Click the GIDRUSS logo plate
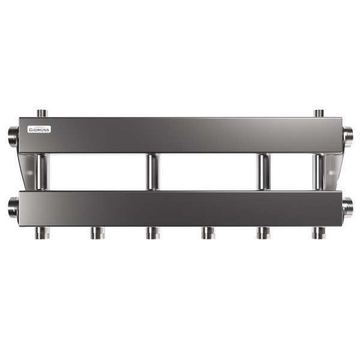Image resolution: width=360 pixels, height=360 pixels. (x=40, y=129)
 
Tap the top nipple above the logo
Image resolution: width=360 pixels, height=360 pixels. (x=41, y=113)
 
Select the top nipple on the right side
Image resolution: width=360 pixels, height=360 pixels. (x=319, y=113)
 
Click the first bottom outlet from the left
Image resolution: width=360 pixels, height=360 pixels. (x=41, y=233)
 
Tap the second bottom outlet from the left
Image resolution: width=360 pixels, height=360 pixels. (x=97, y=233)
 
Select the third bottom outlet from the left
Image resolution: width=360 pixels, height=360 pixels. (x=152, y=233)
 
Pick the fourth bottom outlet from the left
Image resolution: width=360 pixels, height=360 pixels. (x=208, y=233)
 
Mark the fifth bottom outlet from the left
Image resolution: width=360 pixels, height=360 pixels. (x=263, y=233)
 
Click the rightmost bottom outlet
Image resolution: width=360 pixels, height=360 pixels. (x=319, y=233)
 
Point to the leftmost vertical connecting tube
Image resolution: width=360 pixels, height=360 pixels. (x=41, y=172)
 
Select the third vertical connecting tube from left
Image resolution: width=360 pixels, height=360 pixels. (x=263, y=172)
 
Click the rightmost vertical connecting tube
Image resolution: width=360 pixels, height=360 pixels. (x=319, y=172)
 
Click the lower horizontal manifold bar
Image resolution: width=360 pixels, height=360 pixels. (x=180, y=209)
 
